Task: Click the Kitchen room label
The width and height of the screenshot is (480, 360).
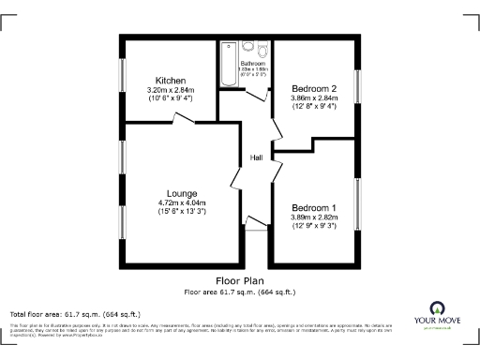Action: point(172,81)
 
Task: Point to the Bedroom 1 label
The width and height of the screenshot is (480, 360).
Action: point(314,207)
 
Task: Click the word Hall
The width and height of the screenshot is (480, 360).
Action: point(255,157)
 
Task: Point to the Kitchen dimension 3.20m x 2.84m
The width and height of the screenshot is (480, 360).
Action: point(172,90)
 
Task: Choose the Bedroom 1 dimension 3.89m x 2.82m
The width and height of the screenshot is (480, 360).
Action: point(314,217)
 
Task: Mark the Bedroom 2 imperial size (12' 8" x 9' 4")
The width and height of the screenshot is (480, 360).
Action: point(314,106)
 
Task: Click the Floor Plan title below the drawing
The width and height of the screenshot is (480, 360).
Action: point(240,280)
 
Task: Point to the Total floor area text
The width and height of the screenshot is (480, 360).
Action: point(75,313)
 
